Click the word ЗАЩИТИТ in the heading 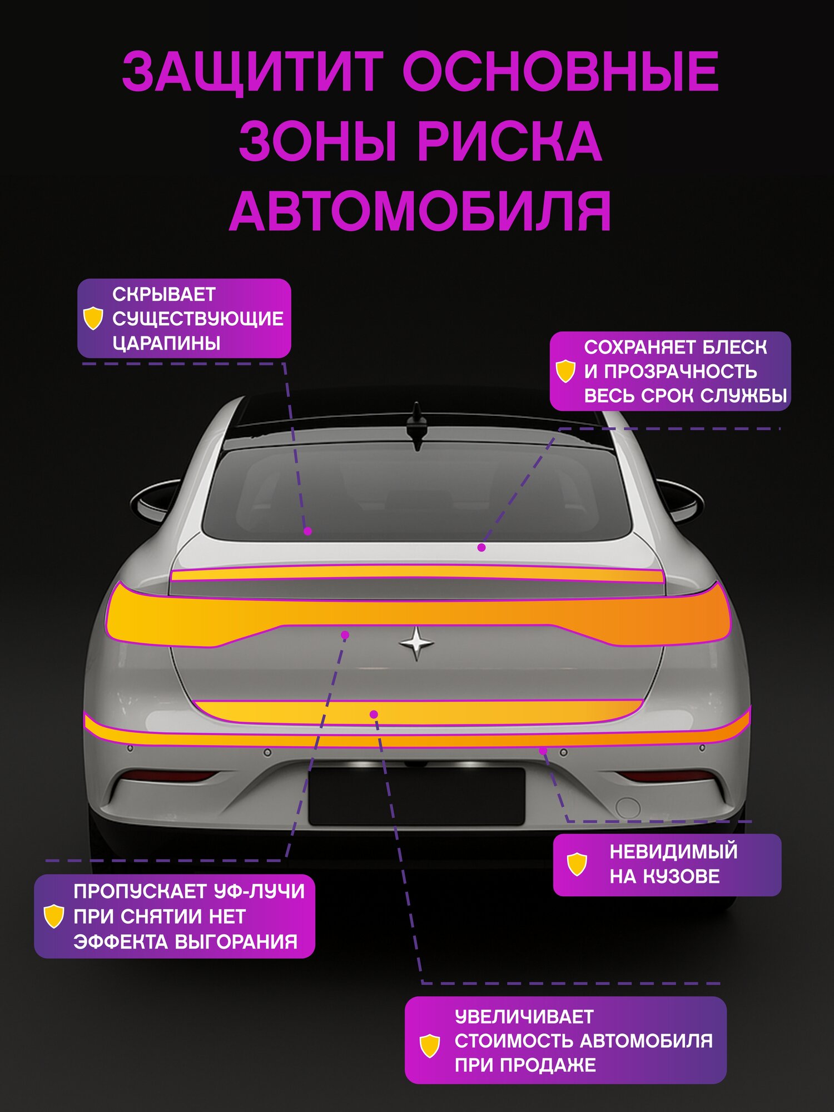(x=253, y=72)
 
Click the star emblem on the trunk (x=416, y=643)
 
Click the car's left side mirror (x=156, y=500)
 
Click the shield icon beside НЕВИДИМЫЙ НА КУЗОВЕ (x=577, y=864)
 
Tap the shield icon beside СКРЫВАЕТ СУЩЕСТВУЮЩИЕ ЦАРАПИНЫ (x=93, y=319)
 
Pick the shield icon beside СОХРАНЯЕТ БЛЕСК (x=565, y=371)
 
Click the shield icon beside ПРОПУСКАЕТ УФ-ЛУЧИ (x=54, y=916)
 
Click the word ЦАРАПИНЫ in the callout (x=166, y=343)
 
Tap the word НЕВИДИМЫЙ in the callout (x=673, y=851)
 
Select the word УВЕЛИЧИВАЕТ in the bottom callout (x=524, y=1017)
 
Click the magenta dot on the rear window (x=307, y=532)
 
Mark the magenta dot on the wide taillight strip (x=345, y=635)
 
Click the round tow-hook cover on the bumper (x=628, y=807)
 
